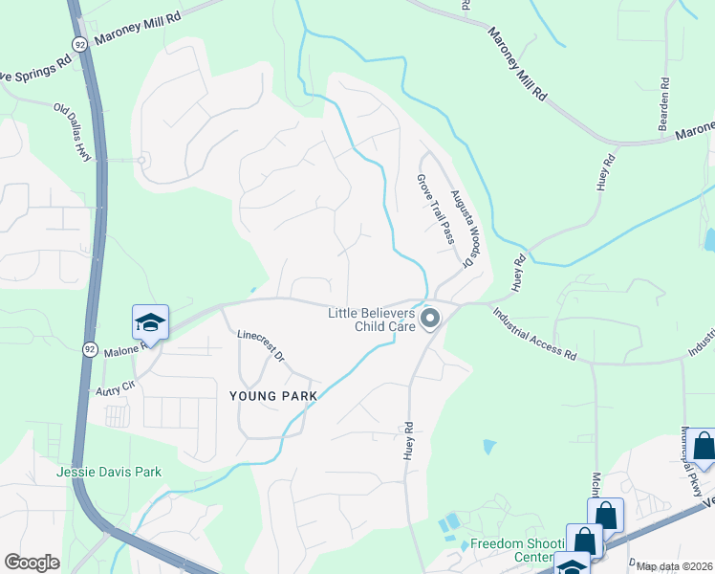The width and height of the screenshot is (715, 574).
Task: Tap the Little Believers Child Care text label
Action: coord(371,320)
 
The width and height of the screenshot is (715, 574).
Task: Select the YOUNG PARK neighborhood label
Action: coord(266,396)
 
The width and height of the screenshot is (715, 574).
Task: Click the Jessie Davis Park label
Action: coord(108,472)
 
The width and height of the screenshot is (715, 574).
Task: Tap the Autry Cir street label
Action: coord(112,392)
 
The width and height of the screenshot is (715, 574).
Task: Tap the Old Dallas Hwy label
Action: coord(76,132)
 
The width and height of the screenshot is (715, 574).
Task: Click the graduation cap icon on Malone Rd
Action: coord(150,322)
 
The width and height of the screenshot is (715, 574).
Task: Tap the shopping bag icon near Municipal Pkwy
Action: coord(704,447)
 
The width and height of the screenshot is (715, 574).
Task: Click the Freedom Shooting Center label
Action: coord(512,551)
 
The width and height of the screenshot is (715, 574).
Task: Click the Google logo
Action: coord(32,563)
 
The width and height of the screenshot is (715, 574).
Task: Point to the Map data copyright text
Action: coord(674,566)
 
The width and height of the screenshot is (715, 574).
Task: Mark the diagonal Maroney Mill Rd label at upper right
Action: coord(517,64)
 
